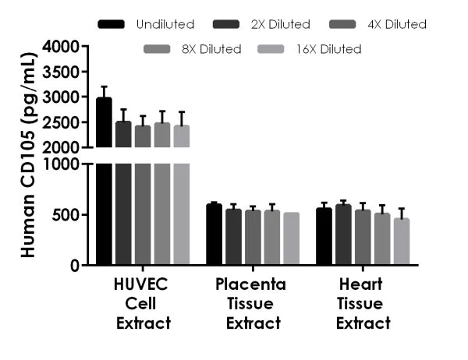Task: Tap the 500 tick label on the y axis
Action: click(x=69, y=215)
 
